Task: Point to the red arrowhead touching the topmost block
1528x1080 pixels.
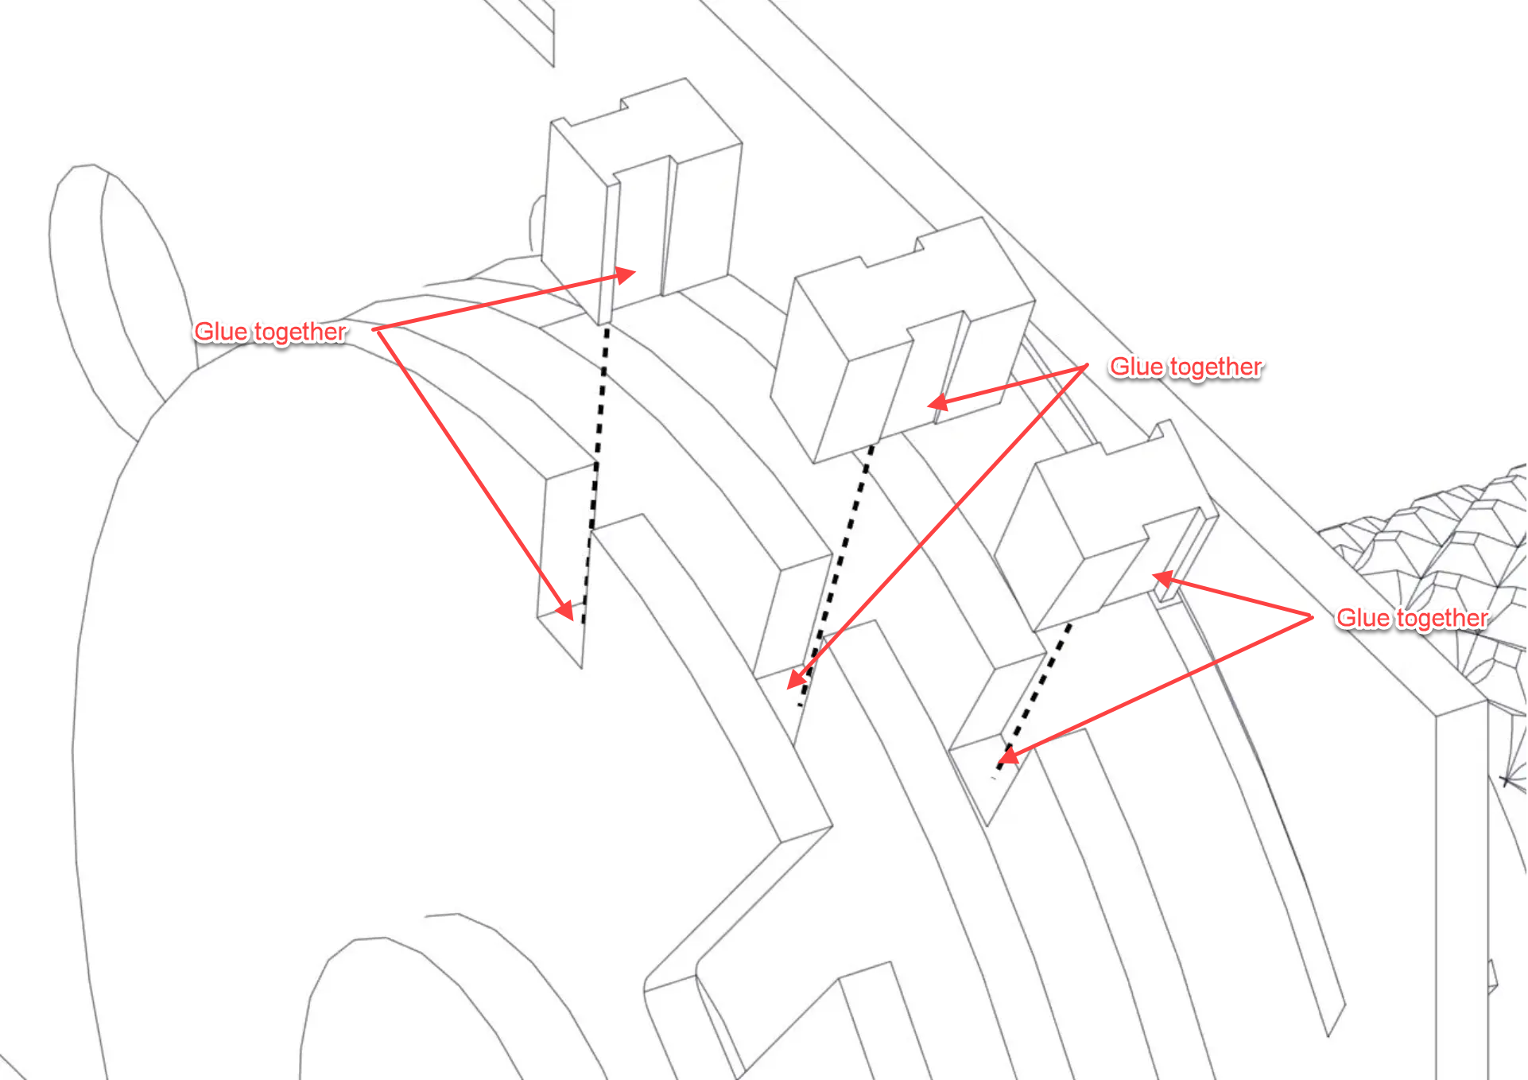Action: (x=626, y=275)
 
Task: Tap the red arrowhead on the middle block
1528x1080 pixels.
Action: (x=938, y=402)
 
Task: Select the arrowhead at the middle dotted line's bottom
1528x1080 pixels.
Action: (x=797, y=678)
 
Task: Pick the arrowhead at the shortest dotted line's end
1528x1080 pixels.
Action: (x=1007, y=756)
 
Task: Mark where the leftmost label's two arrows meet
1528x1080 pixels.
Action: (x=374, y=329)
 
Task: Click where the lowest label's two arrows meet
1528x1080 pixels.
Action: (x=1313, y=616)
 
